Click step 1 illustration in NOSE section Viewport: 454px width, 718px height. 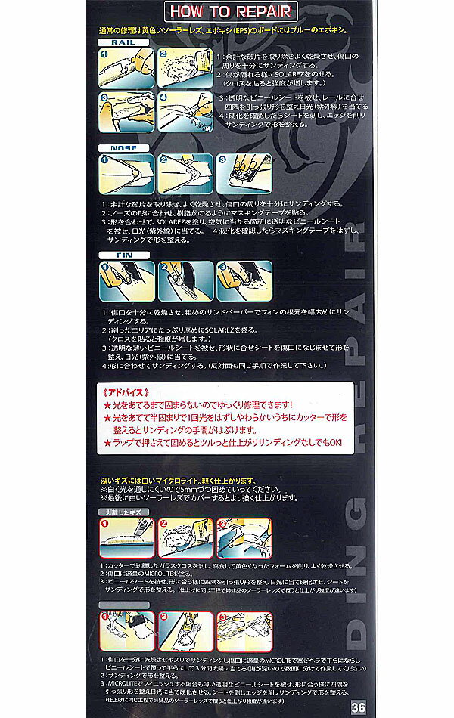[124, 173]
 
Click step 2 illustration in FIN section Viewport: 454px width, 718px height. [182, 281]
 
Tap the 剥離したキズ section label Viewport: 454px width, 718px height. [125, 512]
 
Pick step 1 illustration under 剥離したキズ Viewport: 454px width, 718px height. [124, 537]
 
